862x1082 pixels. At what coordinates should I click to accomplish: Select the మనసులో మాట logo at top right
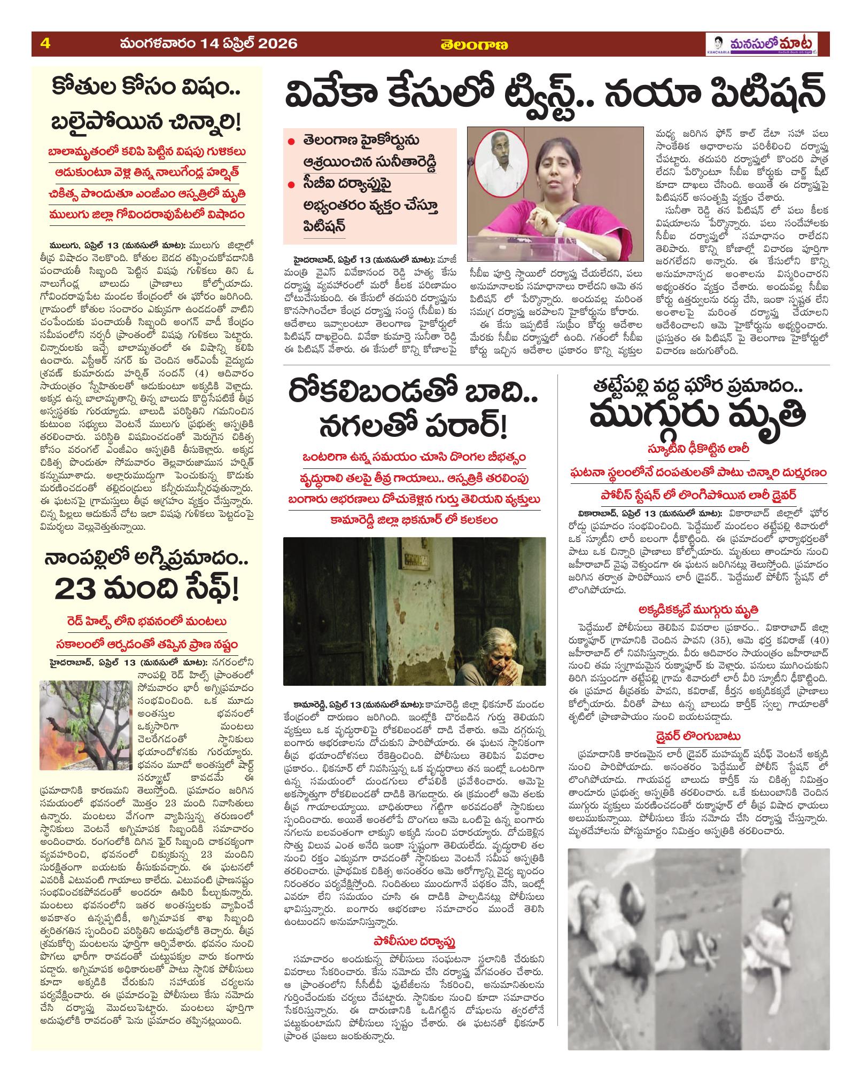[764, 44]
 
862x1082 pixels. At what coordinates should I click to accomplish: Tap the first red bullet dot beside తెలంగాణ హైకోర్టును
[291, 142]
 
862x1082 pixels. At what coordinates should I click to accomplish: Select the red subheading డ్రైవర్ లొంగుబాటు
[697, 736]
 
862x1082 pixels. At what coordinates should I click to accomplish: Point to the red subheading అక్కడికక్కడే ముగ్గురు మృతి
[697, 609]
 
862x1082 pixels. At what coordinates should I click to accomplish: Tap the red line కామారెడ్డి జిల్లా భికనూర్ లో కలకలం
[414, 519]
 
